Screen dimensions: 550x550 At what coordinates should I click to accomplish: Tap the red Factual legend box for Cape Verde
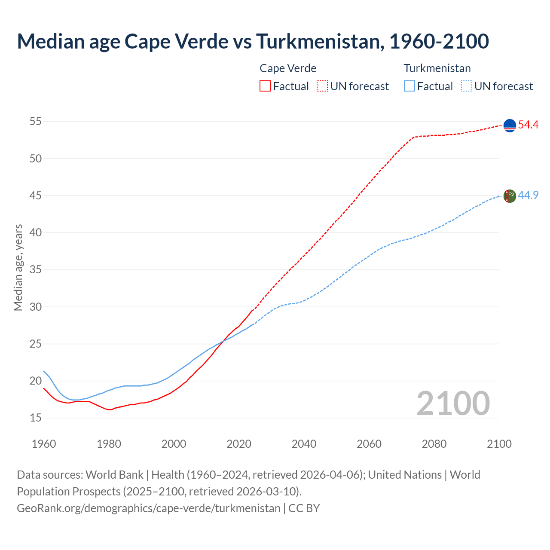pos(265,86)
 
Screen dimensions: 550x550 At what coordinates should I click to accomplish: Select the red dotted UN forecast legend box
pos(322,86)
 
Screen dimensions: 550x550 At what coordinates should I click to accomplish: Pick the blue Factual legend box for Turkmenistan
pos(409,86)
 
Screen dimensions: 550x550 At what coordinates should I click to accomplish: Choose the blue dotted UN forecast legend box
pos(467,86)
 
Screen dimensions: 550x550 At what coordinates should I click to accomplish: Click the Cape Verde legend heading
pos(288,68)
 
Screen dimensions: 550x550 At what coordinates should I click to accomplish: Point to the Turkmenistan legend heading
pos(437,68)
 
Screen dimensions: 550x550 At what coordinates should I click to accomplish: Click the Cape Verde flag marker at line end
pos(510,125)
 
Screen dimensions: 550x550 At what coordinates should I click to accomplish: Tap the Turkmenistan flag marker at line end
pos(510,196)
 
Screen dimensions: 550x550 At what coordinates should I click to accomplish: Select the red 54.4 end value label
pos(528,125)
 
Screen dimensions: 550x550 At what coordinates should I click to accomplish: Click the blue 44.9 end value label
pos(528,195)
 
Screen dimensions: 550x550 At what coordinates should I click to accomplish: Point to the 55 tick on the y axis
pos(36,122)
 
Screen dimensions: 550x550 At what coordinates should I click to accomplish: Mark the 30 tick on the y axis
pos(36,307)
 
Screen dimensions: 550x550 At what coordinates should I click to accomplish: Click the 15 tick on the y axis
pos(36,418)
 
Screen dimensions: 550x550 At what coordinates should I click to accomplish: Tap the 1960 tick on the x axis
pos(44,444)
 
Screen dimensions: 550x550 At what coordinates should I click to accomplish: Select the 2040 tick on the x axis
pos(304,444)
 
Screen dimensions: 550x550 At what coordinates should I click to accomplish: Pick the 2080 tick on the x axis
pos(434,444)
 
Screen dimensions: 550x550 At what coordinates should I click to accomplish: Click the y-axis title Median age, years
pos(18,267)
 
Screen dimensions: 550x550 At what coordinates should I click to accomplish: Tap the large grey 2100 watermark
pos(453,403)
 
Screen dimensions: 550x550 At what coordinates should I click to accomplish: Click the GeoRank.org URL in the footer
pos(148,508)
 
